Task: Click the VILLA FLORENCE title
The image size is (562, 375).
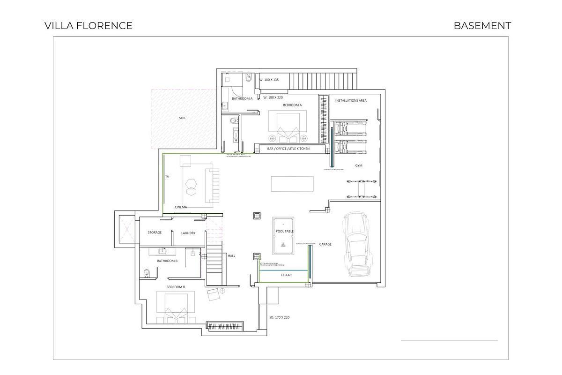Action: coord(89,26)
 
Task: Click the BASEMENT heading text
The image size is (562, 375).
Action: coord(482,26)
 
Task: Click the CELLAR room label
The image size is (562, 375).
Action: coord(286,275)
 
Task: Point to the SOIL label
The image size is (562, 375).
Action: coord(182,118)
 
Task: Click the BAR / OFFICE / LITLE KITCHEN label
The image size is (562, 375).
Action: coord(288,149)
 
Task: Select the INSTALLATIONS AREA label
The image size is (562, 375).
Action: coord(351,100)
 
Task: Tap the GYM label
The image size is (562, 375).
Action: coord(359,165)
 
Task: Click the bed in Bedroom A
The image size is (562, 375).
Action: coord(288,125)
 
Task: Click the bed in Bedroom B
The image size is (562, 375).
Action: coord(176,307)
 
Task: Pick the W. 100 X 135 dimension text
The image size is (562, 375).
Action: coord(269,80)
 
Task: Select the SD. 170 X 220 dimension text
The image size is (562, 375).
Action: coord(280,317)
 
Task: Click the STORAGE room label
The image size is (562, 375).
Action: coord(155,232)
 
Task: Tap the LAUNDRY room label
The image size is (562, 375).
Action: coord(188,233)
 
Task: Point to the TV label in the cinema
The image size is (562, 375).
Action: coord(167,177)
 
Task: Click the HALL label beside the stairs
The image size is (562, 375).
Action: coord(231,256)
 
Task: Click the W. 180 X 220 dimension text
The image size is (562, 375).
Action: coord(273,97)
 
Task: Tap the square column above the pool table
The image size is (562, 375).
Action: coord(257,216)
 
